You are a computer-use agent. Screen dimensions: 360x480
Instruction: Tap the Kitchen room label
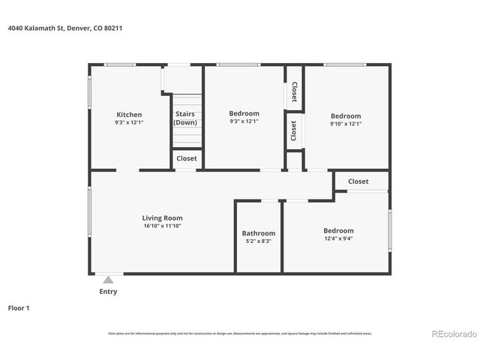(128, 115)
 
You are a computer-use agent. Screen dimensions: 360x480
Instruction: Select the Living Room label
(162, 218)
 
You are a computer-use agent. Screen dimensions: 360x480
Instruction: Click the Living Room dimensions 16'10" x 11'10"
(162, 226)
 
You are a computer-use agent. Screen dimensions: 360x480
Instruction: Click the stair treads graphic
(187, 136)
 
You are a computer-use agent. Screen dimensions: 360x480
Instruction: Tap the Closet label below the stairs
(186, 158)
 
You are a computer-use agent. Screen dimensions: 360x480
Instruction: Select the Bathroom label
(258, 233)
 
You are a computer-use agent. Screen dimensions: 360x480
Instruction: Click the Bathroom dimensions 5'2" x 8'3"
(258, 241)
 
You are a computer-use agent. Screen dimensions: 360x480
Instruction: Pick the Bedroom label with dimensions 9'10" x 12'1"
(346, 116)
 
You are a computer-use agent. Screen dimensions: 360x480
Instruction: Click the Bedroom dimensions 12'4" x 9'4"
(338, 238)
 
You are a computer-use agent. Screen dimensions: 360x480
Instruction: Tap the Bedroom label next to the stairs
(244, 113)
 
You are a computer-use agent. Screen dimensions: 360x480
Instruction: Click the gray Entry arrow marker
(108, 280)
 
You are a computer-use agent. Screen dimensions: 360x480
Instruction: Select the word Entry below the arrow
(108, 292)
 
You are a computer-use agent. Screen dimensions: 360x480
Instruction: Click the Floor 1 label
(18, 307)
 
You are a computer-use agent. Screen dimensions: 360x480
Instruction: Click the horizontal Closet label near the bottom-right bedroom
(358, 181)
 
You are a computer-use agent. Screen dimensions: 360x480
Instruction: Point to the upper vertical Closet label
(294, 91)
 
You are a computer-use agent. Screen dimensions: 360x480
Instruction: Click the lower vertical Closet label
(294, 130)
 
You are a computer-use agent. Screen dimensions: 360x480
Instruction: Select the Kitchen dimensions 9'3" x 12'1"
(128, 122)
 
